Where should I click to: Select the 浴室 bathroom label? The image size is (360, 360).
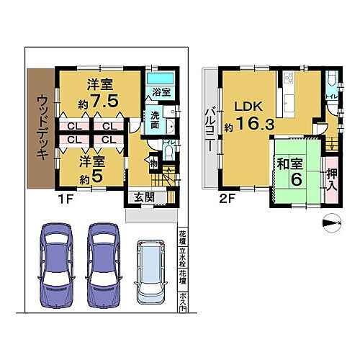(x=161, y=92)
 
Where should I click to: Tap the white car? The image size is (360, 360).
(x=152, y=271)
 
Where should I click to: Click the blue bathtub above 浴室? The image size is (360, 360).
(x=161, y=78)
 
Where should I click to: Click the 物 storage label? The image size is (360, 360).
(x=153, y=163)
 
